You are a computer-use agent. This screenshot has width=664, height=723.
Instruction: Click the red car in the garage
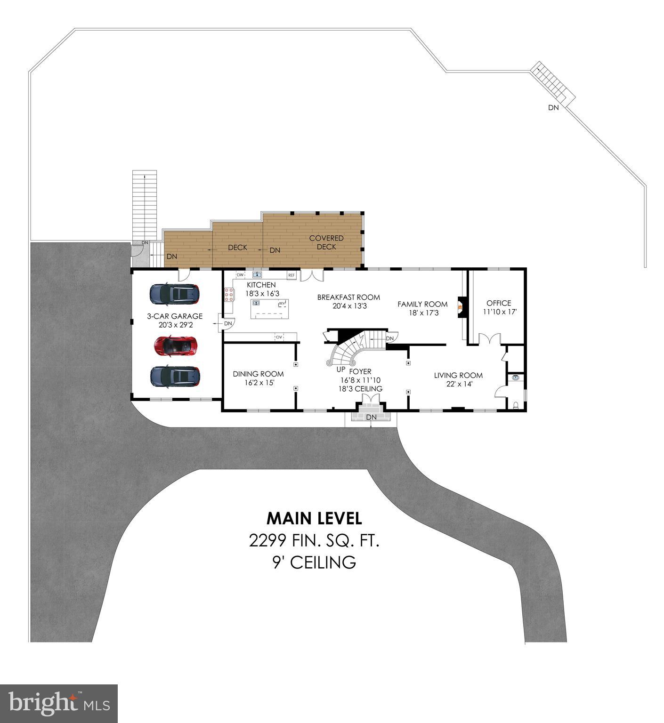[175, 345]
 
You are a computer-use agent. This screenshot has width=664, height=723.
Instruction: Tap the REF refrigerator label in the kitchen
[292, 275]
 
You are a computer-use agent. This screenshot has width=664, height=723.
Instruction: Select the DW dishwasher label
[240, 275]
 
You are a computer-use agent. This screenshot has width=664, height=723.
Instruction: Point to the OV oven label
[279, 337]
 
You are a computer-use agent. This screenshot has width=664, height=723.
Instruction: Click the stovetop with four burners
[229, 294]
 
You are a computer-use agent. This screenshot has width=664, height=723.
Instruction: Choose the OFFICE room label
[499, 303]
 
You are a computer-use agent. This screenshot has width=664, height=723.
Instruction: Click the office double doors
[490, 339]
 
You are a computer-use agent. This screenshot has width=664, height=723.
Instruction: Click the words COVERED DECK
[326, 242]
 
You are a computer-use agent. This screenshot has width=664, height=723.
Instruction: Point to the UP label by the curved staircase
[341, 370]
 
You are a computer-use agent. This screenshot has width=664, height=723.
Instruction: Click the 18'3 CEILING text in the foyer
[360, 389]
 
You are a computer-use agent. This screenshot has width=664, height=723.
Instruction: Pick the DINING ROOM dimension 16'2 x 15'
[258, 383]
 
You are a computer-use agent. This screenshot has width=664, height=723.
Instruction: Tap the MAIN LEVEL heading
[314, 519]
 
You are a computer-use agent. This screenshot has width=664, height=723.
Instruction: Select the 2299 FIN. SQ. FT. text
[314, 541]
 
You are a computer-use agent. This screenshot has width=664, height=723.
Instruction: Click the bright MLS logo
[59, 703]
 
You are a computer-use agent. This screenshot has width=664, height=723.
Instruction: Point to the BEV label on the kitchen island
[282, 304]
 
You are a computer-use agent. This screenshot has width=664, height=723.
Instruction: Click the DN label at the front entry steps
[372, 417]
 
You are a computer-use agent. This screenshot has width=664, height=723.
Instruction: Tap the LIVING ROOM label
[458, 375]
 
